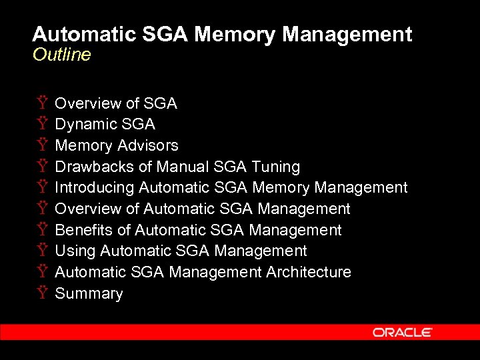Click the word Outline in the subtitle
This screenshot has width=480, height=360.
coord(61,55)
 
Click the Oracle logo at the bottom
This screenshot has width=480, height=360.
coord(402,332)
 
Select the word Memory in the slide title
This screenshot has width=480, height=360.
coord(230,35)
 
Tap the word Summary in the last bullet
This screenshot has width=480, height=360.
coord(89,294)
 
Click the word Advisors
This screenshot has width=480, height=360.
coord(147,145)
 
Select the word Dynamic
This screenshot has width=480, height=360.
coord(83,125)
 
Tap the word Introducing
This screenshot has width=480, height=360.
coord(95,188)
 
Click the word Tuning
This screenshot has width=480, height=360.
coord(275,167)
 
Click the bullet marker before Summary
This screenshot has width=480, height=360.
coord(42,294)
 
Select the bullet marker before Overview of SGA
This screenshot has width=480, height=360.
coord(42,103)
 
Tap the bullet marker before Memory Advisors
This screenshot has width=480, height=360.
coord(42,145)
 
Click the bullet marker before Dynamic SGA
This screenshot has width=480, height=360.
coord(42,125)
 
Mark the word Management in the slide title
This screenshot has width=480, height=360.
coord(347,35)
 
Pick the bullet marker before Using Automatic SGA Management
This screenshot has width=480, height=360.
coord(42,251)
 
